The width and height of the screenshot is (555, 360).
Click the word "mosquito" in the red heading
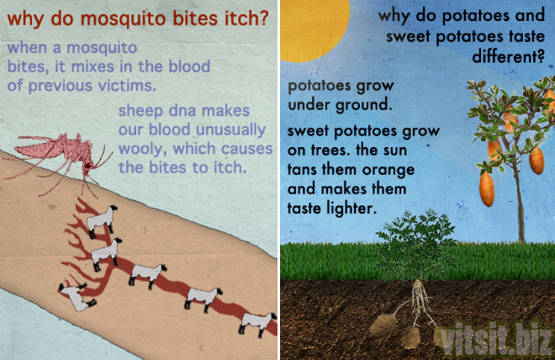click(x=123, y=19)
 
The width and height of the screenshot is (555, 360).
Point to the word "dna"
click(x=182, y=111)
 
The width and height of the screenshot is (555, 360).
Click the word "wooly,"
click(x=142, y=150)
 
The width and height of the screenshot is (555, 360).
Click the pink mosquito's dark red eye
click(x=87, y=166)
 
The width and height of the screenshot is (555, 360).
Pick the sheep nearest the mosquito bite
click(x=102, y=221)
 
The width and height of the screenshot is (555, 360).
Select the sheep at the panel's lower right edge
click(x=257, y=324)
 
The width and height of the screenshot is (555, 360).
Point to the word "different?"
click(x=508, y=56)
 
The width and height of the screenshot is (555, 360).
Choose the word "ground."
click(x=364, y=105)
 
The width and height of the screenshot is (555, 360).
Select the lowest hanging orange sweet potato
click(x=487, y=188)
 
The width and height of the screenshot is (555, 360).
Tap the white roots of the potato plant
click(x=419, y=301)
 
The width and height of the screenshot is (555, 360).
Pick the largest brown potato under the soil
click(x=383, y=325)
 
